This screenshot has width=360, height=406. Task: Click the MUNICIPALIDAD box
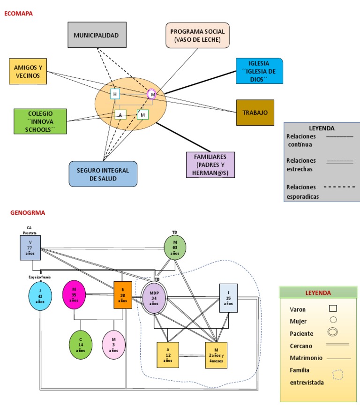[97, 35]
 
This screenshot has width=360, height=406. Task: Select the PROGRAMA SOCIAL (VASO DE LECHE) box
[197, 35]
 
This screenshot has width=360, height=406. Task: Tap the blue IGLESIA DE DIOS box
[259, 71]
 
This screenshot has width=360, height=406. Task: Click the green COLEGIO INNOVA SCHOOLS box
[40, 121]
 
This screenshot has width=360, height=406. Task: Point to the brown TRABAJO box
[255, 113]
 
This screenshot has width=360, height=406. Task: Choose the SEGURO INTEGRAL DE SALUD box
[103, 174]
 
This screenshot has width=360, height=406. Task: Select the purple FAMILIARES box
[210, 165]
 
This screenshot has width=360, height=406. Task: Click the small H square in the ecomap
[115, 94]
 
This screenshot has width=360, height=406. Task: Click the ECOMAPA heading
[18, 14]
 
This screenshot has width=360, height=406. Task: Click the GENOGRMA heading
[28, 212]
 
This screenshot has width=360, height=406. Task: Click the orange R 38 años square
[122, 295]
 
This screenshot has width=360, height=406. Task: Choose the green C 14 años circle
[80, 344]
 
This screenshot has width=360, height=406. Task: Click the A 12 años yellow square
[167, 355]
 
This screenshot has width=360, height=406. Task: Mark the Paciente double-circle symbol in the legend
[333, 332]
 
